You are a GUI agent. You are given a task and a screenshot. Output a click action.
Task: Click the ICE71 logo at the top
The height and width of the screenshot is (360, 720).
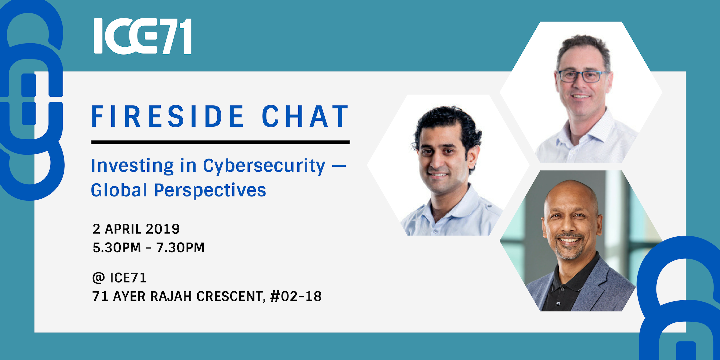143,36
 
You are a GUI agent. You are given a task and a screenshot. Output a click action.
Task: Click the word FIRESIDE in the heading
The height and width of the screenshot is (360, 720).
168,116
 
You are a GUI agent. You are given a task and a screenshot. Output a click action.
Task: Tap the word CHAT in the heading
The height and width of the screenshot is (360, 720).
305,116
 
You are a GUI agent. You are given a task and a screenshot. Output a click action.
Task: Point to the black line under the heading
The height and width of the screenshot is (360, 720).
220,142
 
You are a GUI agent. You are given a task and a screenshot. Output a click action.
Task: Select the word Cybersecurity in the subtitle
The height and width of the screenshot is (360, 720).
264,166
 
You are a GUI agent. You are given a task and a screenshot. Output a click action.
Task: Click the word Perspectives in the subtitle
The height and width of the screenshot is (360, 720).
210,191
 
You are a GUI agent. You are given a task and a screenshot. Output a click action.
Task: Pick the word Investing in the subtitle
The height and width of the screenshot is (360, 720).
132,166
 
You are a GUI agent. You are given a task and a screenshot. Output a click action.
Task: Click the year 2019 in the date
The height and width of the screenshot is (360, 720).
163,229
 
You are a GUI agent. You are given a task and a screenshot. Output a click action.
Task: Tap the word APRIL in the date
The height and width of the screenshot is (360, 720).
123,229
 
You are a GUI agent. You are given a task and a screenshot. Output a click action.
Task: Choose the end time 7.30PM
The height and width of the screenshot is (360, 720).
180,248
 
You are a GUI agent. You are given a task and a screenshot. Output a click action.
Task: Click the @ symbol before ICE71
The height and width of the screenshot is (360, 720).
99,278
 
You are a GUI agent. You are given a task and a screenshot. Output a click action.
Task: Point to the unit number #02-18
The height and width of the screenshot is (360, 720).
296,296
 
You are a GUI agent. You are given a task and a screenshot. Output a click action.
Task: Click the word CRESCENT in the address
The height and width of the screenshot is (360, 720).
231,296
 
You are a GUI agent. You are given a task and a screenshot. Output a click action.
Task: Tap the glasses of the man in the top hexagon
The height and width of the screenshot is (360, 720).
582,76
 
